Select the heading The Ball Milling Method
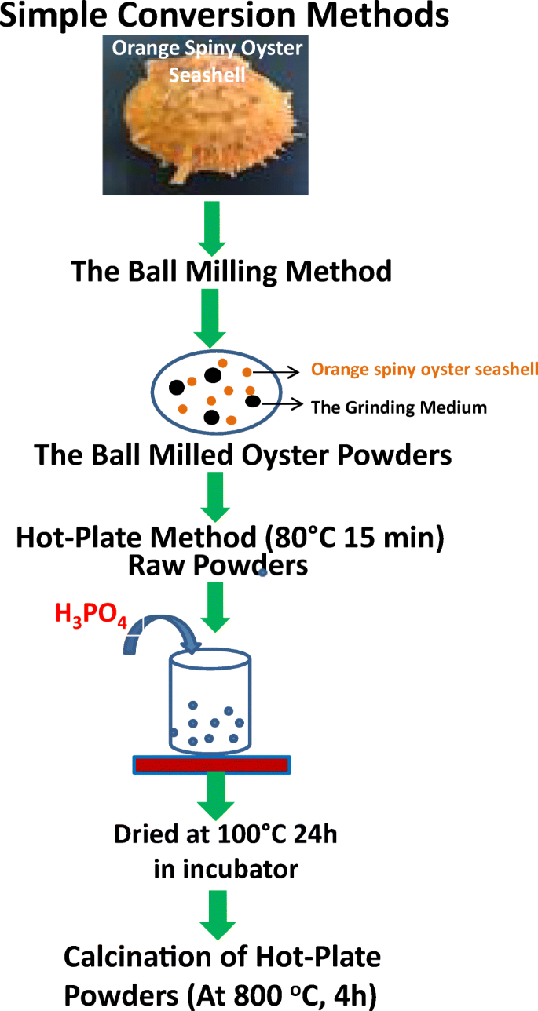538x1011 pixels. tap(231, 272)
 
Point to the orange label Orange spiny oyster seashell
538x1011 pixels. tap(424, 370)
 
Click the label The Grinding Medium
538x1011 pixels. tap(399, 407)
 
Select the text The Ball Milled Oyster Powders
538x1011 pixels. tap(243, 454)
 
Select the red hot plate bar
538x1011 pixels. tap(210, 764)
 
